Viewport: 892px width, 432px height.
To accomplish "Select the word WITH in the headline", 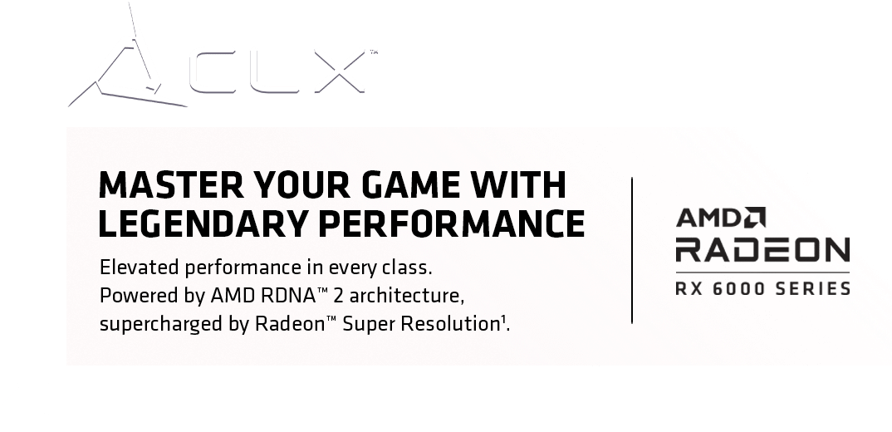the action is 517,184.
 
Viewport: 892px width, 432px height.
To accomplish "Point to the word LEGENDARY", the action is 203,223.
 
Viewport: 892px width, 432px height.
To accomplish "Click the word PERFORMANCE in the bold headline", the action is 451,223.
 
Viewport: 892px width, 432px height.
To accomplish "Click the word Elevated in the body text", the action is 140,267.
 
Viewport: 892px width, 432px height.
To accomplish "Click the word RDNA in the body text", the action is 288,296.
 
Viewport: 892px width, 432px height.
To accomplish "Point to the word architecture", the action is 405,296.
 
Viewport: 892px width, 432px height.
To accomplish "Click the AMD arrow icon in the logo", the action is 755,218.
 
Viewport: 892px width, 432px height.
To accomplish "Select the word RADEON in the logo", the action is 762,250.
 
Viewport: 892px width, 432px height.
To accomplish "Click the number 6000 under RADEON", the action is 739,288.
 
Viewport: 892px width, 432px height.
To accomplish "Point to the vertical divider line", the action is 632,250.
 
